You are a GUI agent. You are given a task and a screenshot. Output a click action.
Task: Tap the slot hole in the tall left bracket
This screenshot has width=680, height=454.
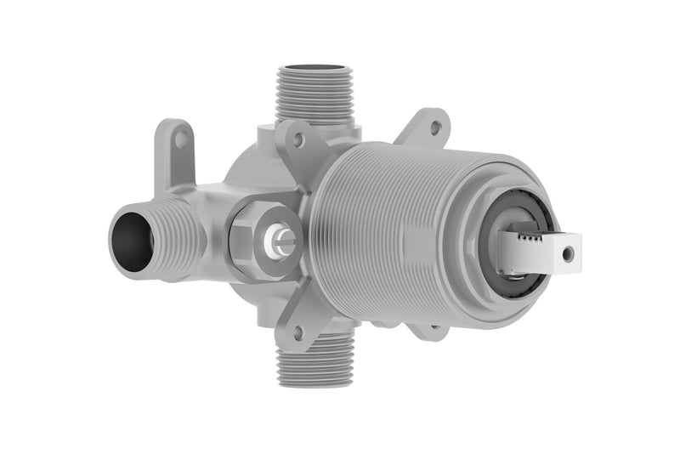[178, 145]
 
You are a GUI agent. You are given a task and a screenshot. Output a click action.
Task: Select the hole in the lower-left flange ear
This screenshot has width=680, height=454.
[298, 331]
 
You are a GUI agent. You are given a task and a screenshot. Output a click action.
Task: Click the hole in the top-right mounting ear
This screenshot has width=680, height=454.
[434, 128]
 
